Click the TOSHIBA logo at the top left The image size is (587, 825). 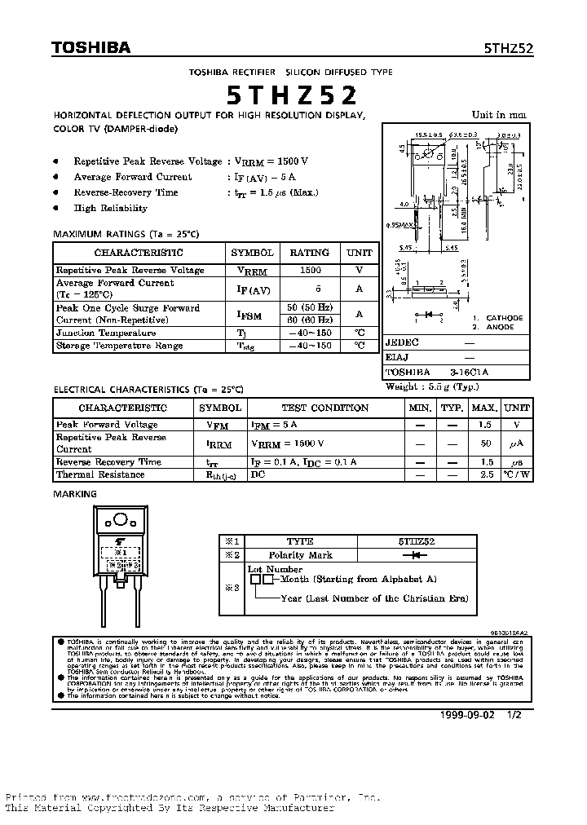coord(91,48)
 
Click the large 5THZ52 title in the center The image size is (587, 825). coord(292,96)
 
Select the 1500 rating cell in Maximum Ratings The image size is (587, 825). coord(310,270)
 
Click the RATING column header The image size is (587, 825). coord(310,253)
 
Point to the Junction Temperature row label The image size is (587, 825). coord(106,333)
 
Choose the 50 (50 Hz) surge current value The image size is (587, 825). coord(310,307)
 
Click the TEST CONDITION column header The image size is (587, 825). coord(325,408)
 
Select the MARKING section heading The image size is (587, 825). coord(75,494)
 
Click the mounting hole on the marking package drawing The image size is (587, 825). coord(121,519)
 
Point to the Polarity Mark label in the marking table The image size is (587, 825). coord(300,555)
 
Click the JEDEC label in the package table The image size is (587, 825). coord(402,342)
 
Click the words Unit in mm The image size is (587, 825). coord(499,115)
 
